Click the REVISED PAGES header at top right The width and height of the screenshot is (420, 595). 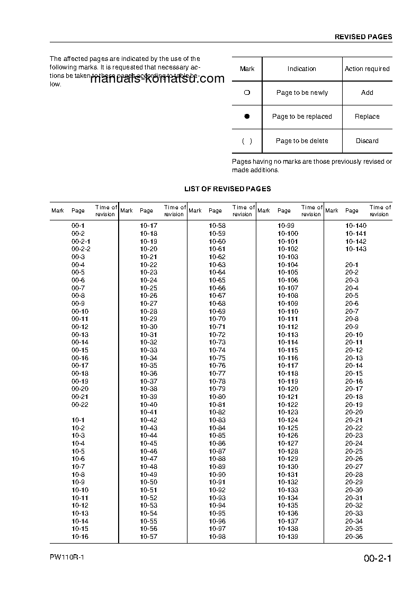coord(363,37)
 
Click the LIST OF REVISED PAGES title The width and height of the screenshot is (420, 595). coord(227,189)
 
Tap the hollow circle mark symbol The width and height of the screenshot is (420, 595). coord(247,93)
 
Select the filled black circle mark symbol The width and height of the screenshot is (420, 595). coord(247,117)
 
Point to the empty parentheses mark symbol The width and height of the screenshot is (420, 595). coord(247,141)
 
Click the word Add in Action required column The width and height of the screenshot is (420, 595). coord(367,93)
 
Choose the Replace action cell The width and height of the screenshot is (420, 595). coord(367,117)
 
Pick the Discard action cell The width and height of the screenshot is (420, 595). coord(367,141)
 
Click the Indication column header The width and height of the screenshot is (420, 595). coord(302,69)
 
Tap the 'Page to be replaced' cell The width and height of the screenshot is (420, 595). coord(302,117)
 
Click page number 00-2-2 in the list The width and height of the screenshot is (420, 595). coord(81,249)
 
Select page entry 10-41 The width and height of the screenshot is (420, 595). coord(148,412)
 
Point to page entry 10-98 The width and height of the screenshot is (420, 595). coord(217,537)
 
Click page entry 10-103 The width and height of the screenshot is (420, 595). coord(288,257)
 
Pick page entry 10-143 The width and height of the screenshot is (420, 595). coord(355,249)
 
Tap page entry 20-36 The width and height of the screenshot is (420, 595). coord(354,537)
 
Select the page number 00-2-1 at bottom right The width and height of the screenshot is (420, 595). coord(377,559)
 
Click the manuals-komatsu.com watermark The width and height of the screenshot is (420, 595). coord(157,79)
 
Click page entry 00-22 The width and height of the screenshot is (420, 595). coord(80,405)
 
